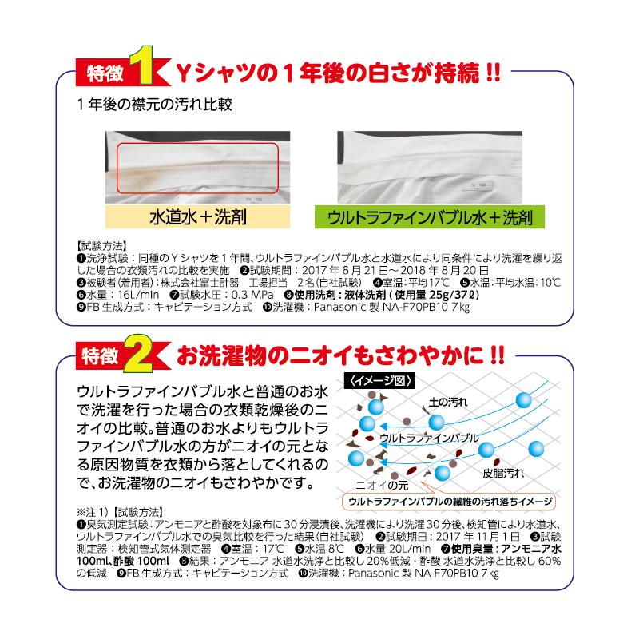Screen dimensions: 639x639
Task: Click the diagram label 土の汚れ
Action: click(451, 401)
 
